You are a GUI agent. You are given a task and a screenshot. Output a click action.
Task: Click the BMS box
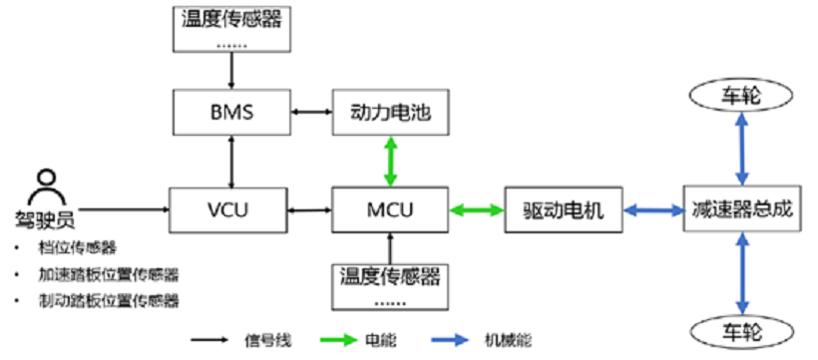point(232,112)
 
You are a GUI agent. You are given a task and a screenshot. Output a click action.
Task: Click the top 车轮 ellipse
point(741,95)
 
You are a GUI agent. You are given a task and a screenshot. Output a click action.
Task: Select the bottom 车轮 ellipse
point(741,328)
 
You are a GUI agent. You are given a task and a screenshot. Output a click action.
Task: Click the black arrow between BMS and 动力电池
point(311,112)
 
